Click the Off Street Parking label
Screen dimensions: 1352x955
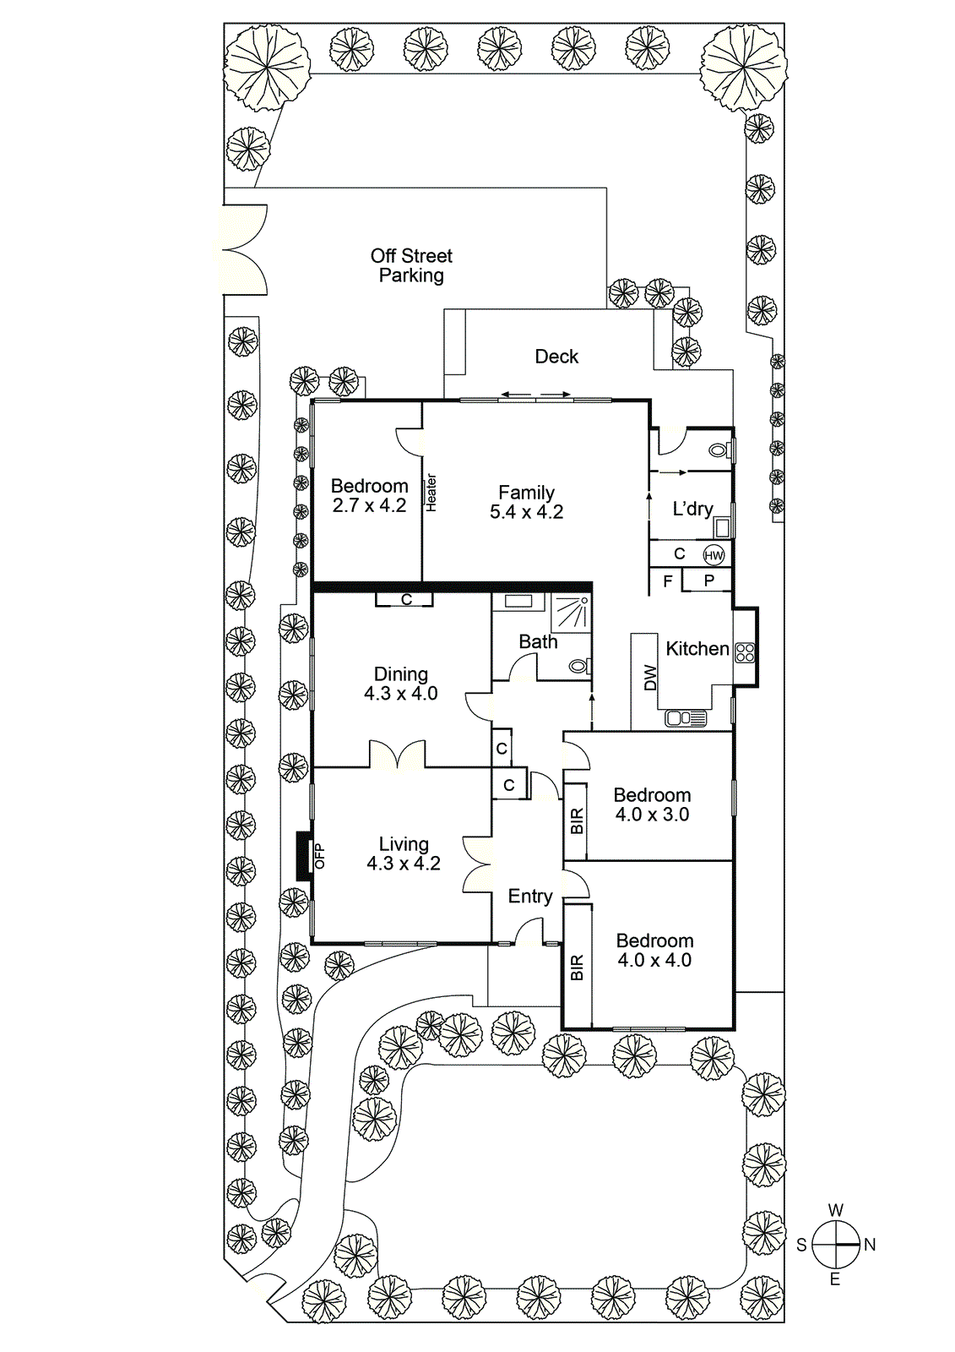point(411,265)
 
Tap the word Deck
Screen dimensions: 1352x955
point(556,357)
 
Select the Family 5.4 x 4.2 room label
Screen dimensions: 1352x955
point(526,502)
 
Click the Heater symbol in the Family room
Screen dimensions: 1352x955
point(431,493)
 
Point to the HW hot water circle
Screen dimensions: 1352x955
point(714,555)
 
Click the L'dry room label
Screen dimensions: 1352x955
point(692,509)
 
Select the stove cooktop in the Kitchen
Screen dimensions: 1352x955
point(745,651)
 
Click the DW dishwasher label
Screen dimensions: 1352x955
point(650,678)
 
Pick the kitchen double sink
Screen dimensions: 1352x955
point(686,718)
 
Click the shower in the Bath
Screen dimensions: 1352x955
point(571,611)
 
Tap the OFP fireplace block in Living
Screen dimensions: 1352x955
point(303,857)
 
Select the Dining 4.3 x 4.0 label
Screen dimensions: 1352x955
point(401,684)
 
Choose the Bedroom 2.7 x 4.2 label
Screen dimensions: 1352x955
point(369,496)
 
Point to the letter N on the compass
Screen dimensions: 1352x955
point(870,1245)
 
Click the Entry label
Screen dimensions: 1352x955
point(530,897)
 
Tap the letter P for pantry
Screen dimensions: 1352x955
point(708,581)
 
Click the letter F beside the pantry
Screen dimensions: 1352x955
point(668,581)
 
